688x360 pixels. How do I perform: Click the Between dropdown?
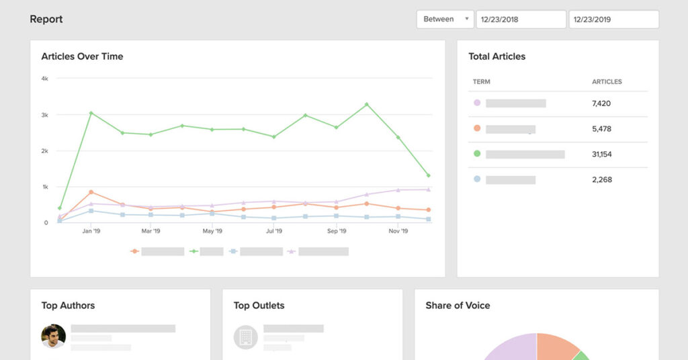(445, 19)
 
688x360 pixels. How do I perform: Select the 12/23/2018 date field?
(521, 19)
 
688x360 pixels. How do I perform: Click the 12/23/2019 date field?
(613, 19)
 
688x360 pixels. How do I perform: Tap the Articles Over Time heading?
(82, 56)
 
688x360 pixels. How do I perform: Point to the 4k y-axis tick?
(44, 79)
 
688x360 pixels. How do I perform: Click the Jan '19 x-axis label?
(91, 231)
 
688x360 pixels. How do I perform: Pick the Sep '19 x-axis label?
(337, 231)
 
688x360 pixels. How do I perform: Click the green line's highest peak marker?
(367, 104)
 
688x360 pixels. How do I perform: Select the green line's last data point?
(428, 175)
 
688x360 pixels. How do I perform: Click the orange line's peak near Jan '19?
(91, 192)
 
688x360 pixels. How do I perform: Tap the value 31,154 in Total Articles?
(602, 154)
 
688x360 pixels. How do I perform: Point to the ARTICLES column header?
(607, 82)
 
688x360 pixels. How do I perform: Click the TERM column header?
(481, 82)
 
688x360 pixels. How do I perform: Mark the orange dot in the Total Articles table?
(477, 128)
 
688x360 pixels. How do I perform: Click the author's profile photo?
(53, 336)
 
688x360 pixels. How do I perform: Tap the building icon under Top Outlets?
(245, 337)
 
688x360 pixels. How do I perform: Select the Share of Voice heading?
(458, 306)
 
